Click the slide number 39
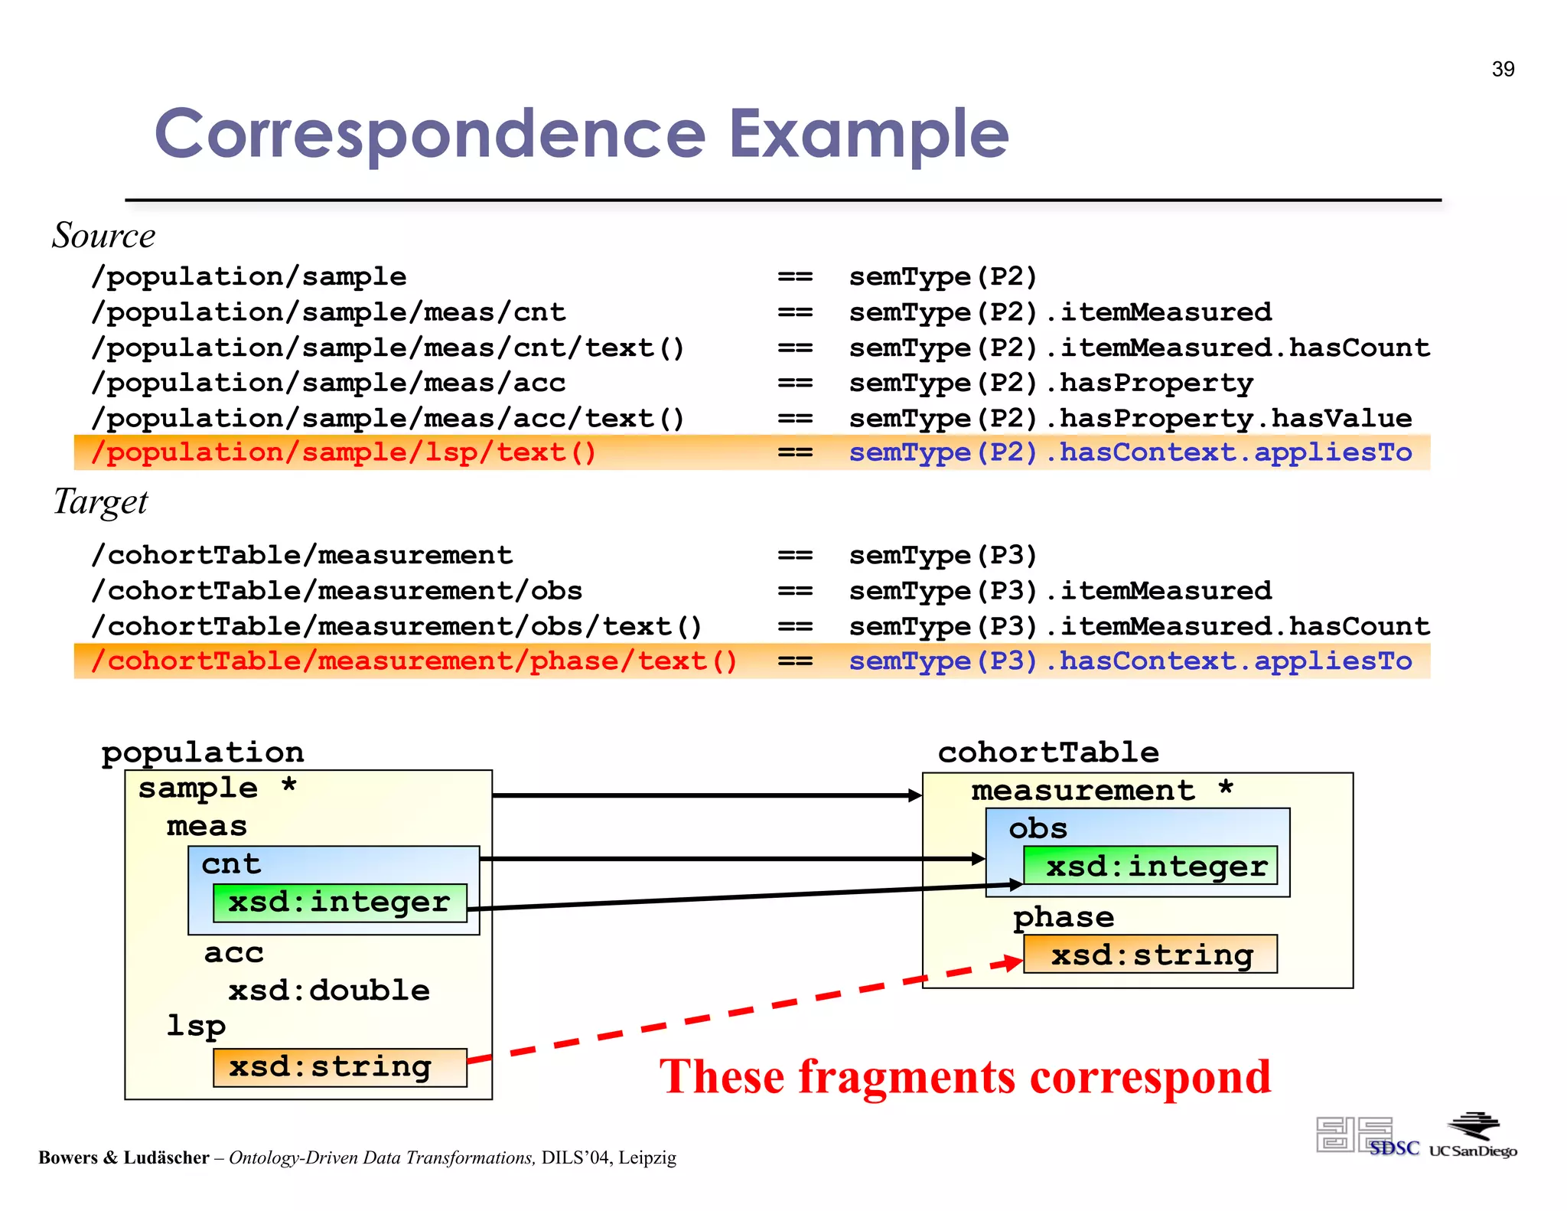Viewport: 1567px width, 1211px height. pyautogui.click(x=1503, y=70)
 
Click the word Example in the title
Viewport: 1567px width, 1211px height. pyautogui.click(x=868, y=135)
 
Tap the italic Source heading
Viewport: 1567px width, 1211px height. pyautogui.click(x=103, y=236)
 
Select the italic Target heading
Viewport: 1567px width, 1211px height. pyautogui.click(x=100, y=502)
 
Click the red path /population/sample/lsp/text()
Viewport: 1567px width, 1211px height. pyautogui.click(x=344, y=452)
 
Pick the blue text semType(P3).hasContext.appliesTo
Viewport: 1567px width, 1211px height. pyautogui.click(x=1130, y=661)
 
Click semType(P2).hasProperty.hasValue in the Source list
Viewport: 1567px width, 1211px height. pyautogui.click(x=1130, y=419)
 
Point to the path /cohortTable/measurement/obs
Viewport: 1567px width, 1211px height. pyautogui.click(x=337, y=591)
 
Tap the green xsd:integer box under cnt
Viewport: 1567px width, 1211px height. pyautogui.click(x=340, y=903)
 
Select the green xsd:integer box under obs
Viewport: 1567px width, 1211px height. pyautogui.click(x=1151, y=867)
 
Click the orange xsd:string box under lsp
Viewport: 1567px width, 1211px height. pyautogui.click(x=340, y=1067)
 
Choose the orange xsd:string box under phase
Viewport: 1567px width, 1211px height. pyautogui.click(x=1151, y=955)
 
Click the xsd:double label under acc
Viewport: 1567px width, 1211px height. pyautogui.click(x=329, y=991)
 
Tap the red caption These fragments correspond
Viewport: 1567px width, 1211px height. pyautogui.click(x=965, y=1077)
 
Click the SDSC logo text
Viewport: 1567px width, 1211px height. pyautogui.click(x=1393, y=1148)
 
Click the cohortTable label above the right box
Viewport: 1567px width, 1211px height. pyautogui.click(x=1048, y=752)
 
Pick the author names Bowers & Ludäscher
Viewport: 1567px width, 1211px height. pyautogui.click(x=124, y=1157)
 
